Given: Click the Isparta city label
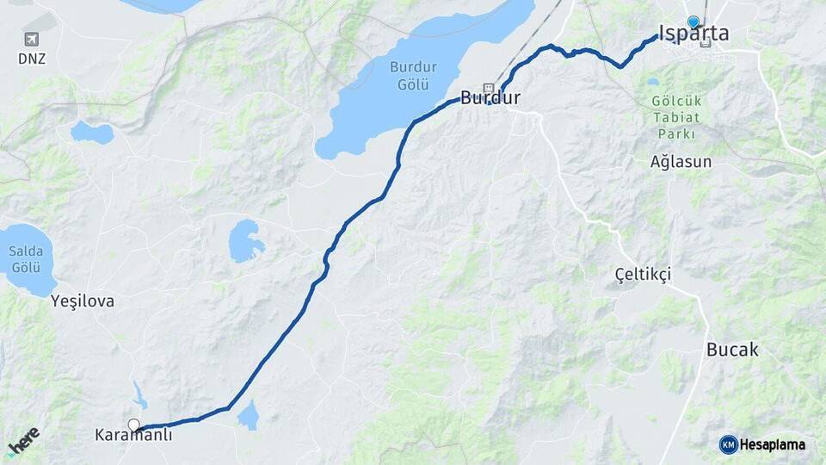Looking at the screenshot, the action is [x=693, y=34].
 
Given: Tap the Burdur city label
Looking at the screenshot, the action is [x=490, y=98].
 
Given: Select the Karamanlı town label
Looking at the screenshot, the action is [x=133, y=436].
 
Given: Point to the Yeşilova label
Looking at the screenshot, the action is [x=83, y=301].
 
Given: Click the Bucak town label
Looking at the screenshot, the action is [x=732, y=350].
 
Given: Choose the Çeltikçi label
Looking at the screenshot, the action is [x=643, y=274].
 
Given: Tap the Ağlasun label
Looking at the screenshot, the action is [x=681, y=162].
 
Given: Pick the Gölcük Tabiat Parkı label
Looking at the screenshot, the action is [x=676, y=117].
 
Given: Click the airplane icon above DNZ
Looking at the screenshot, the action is [x=32, y=40].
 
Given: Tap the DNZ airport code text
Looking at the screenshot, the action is [x=32, y=59].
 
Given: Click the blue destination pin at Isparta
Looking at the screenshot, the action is [x=693, y=22].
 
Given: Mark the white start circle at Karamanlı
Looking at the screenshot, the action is [x=134, y=425].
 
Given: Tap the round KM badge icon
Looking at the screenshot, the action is [x=728, y=444].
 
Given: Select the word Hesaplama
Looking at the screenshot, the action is [x=773, y=445].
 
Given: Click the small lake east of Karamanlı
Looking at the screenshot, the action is [x=249, y=416].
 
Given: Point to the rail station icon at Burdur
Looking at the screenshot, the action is [x=489, y=88].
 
